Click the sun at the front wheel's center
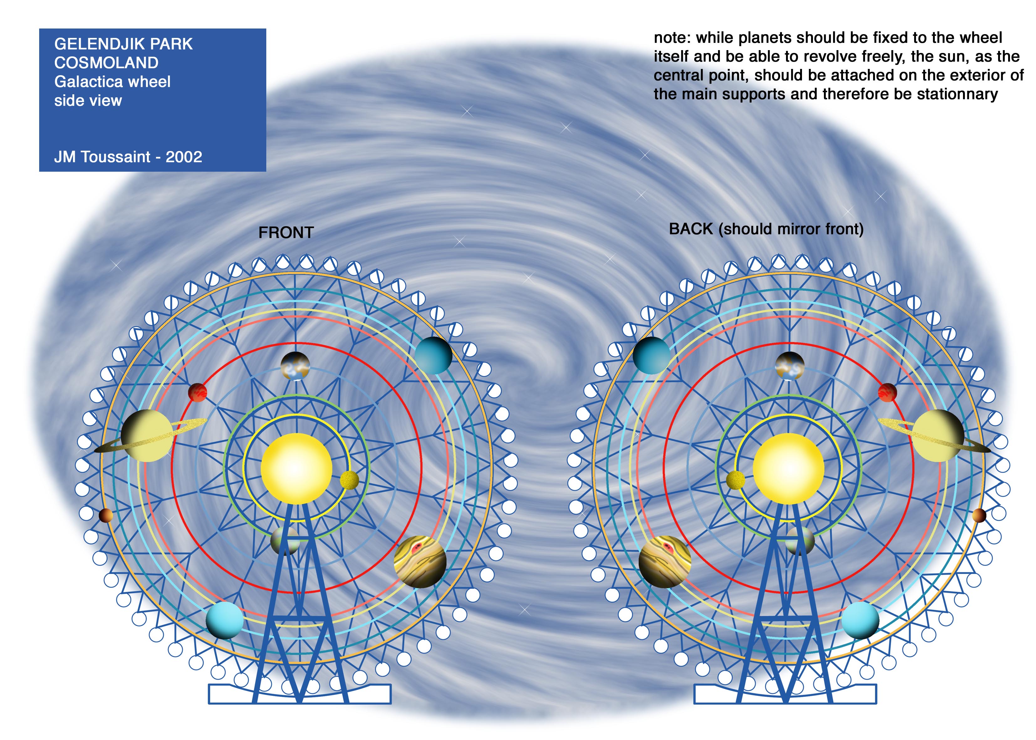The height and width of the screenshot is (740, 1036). click(x=296, y=468)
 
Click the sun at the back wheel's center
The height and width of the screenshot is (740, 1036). click(x=789, y=468)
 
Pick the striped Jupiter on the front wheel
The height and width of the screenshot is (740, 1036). click(x=419, y=561)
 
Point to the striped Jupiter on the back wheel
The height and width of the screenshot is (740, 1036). click(x=665, y=561)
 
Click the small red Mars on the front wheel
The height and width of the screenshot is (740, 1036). click(x=198, y=392)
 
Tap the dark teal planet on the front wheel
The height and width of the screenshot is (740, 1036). click(x=433, y=355)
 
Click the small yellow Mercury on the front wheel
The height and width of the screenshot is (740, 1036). click(x=349, y=480)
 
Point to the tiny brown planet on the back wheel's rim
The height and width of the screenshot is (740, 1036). click(x=979, y=516)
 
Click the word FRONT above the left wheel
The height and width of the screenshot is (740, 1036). click(x=286, y=233)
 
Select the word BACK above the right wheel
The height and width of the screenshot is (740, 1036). click(x=691, y=229)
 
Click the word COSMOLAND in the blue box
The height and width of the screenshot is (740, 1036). click(x=107, y=62)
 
